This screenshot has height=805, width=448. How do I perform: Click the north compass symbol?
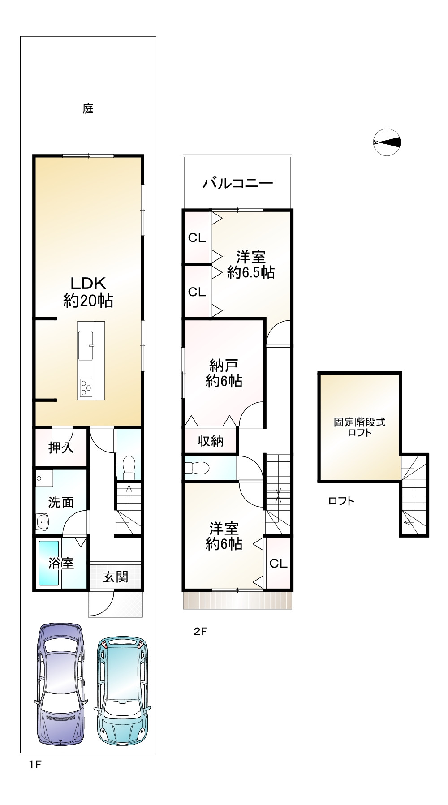387,142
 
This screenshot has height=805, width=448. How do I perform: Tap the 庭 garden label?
88,109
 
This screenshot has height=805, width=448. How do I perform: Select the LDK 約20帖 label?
88,292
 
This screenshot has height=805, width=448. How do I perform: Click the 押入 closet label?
61,448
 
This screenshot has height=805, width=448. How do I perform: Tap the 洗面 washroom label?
61,502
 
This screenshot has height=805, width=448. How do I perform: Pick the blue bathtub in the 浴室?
48,563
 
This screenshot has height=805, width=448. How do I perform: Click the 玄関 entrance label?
116,577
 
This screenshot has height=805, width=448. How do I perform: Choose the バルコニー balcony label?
237,183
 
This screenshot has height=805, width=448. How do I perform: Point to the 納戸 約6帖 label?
224,373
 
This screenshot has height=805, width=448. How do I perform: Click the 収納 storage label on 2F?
211,441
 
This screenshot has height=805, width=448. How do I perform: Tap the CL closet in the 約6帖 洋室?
278,563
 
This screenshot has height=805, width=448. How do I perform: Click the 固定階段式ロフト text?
359,427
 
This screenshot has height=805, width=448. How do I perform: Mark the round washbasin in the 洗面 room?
43,521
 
